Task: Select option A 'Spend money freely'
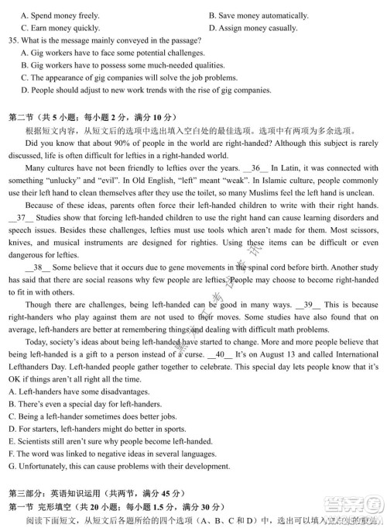pos(60,16)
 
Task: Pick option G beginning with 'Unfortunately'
pos(120,466)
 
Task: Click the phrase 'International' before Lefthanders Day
pos(354,354)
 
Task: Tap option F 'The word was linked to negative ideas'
pos(108,454)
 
